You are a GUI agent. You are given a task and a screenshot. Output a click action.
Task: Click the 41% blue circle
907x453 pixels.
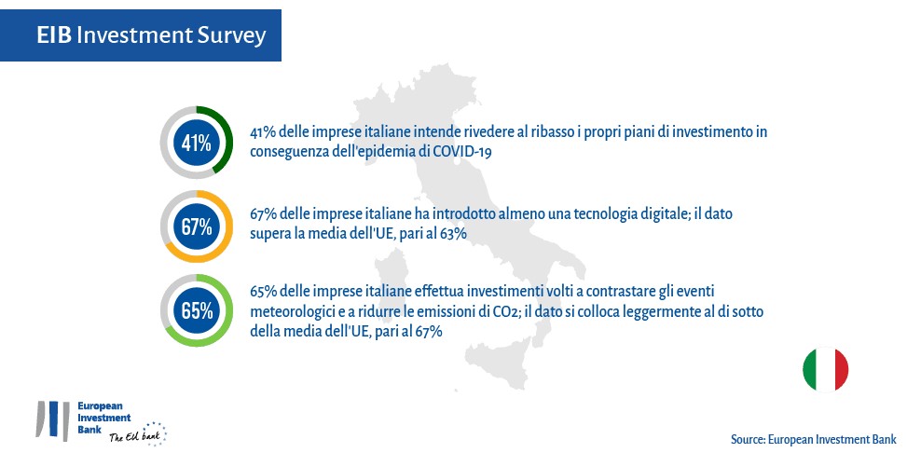coord(197,143)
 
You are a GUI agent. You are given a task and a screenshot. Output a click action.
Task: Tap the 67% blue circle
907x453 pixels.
coord(197,226)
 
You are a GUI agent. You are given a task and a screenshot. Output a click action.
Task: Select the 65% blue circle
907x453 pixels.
coord(197,310)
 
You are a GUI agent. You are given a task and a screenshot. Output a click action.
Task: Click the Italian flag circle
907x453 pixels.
coord(826,370)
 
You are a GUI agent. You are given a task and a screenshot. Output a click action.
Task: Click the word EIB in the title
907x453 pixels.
coord(54,35)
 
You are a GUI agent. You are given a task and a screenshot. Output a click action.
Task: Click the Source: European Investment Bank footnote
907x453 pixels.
coord(813,439)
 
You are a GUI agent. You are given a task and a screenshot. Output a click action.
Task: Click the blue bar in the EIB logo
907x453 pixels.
coord(54,419)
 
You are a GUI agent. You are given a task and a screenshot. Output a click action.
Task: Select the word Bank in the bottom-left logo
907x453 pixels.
coord(89,430)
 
